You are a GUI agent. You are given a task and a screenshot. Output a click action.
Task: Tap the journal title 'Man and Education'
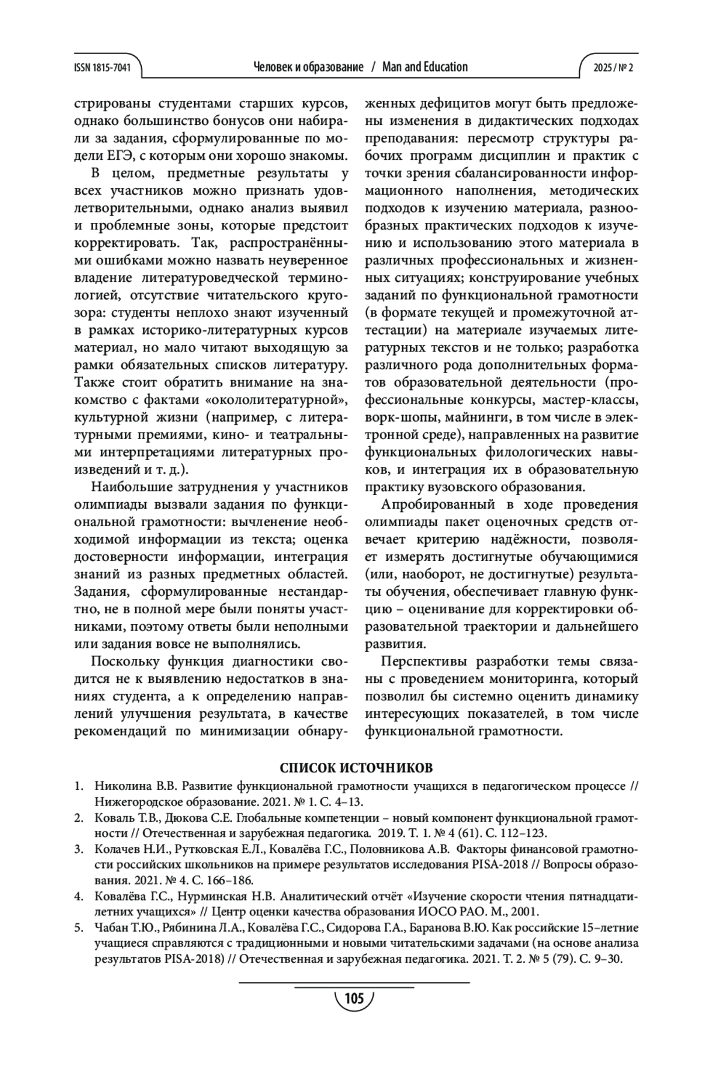(425, 67)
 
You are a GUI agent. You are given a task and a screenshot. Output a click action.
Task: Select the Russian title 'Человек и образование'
(309, 67)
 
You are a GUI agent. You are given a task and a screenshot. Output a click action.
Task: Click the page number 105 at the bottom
(354, 999)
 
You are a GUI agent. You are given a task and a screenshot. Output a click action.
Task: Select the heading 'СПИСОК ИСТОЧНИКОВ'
(356, 768)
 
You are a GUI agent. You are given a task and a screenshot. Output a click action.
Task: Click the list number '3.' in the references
(79, 849)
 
